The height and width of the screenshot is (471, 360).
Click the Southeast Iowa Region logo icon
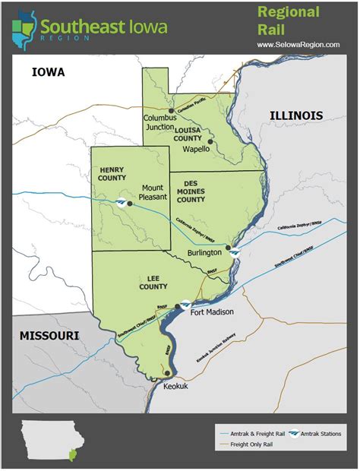point(24,27)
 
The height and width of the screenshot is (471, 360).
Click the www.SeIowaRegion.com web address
point(298,44)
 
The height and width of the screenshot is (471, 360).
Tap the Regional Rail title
point(289,21)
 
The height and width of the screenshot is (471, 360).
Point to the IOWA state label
point(49,73)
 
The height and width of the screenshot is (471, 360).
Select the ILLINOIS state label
point(296,115)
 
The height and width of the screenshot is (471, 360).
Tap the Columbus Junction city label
point(160,123)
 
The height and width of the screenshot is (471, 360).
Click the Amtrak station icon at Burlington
point(237,251)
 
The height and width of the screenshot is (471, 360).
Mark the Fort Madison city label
point(212,312)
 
